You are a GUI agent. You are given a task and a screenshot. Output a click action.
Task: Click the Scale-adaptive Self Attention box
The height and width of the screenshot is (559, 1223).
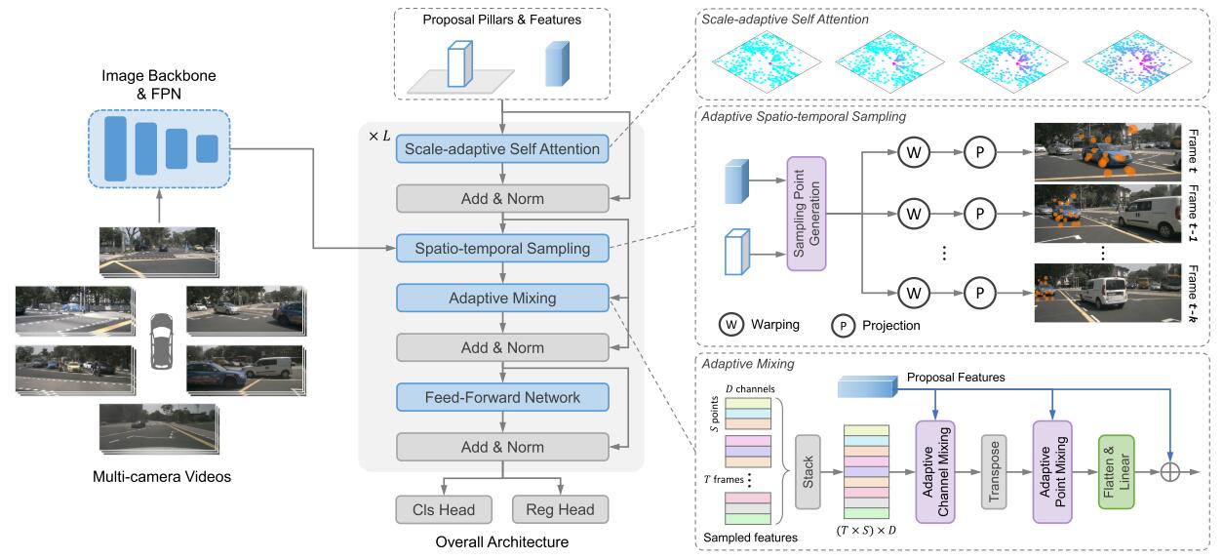501,149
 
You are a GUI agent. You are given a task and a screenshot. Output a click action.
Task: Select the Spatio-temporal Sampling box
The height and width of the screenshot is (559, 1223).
501,248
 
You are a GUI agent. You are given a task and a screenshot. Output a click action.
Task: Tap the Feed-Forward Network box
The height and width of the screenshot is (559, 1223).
501,397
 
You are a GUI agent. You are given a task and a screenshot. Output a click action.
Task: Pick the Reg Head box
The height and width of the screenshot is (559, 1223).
560,508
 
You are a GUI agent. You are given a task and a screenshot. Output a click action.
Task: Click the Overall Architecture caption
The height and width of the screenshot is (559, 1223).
501,540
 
